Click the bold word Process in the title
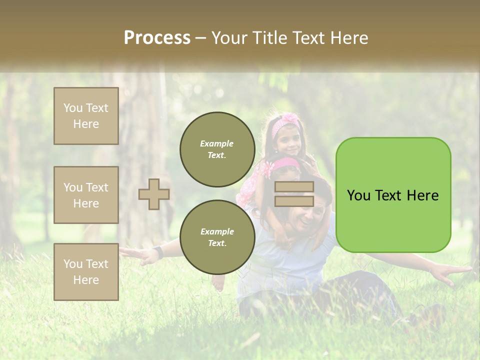[157, 37]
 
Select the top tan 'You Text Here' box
[86, 116]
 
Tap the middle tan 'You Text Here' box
[86, 195]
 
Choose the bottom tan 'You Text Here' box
[86, 272]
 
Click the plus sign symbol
[154, 194]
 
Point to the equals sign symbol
[294, 194]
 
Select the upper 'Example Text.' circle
[217, 149]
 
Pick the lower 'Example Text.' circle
[217, 237]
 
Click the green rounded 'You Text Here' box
[393, 195]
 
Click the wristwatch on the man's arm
[157, 251]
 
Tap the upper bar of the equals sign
[294, 187]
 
